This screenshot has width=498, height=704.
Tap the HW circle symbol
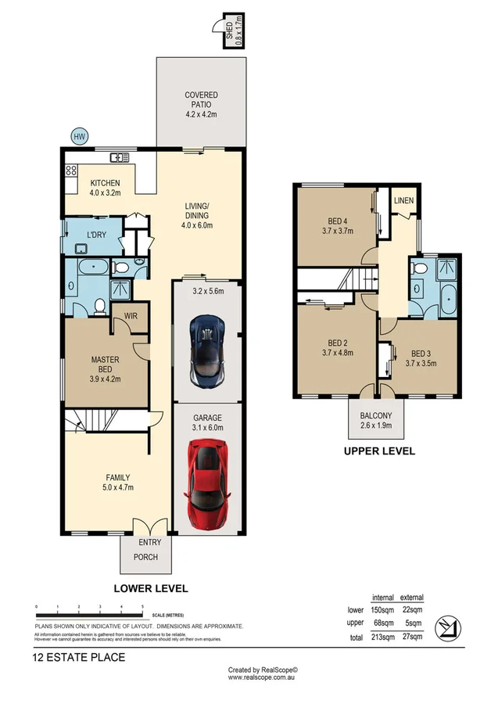pos(79,136)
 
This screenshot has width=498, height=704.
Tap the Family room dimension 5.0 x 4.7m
pos(118,488)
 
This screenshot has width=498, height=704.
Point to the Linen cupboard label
pos(403,201)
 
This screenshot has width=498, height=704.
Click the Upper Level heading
pos(379,451)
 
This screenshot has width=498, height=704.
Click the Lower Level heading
pos(151,587)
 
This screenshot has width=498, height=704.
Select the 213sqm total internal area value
pos(382,637)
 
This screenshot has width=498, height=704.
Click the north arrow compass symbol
pos(449,625)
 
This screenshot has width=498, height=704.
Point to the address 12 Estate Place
pos(79,657)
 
